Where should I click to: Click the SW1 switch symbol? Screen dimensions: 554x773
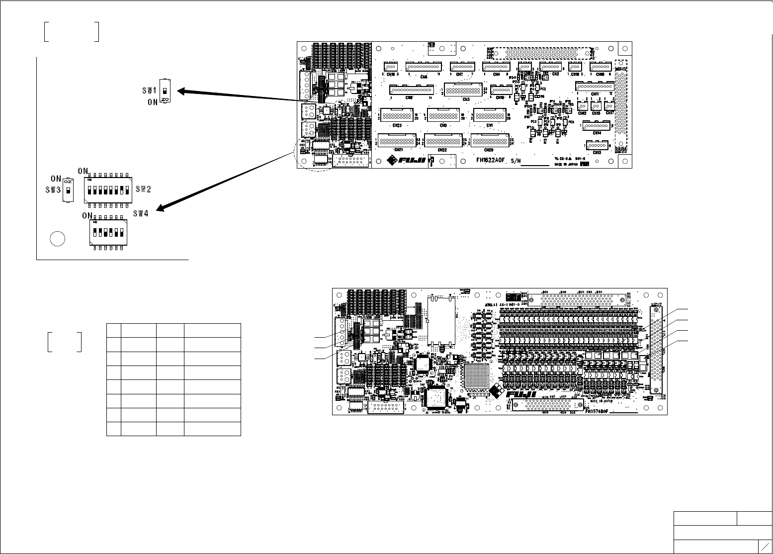166,91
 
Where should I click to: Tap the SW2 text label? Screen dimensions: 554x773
143,189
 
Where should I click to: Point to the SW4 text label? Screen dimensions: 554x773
141,214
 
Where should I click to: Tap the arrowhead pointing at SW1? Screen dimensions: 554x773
182,91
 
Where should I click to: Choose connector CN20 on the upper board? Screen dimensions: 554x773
490,141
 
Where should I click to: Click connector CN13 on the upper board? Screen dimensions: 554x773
597,145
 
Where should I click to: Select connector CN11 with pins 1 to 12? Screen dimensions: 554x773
595,86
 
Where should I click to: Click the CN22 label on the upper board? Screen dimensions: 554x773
442,150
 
